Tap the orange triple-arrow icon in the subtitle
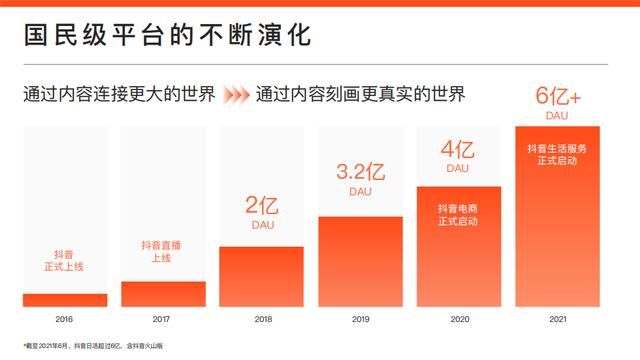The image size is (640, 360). [x=235, y=95]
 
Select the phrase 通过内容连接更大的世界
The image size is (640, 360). [x=119, y=95]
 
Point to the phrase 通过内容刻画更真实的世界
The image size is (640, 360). [x=359, y=95]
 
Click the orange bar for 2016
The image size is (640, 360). [x=65, y=299]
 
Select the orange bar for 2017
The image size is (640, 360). [x=163, y=293]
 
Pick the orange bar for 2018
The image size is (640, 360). [x=261, y=276]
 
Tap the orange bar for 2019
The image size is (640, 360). [x=359, y=261]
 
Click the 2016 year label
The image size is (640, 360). [x=65, y=320]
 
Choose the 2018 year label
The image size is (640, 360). [x=261, y=320]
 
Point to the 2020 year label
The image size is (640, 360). [x=457, y=320]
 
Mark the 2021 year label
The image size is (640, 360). [x=556, y=320]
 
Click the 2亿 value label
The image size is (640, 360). [x=261, y=207]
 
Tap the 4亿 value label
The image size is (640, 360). [x=457, y=151]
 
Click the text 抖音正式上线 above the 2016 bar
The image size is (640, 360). [x=65, y=262]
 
